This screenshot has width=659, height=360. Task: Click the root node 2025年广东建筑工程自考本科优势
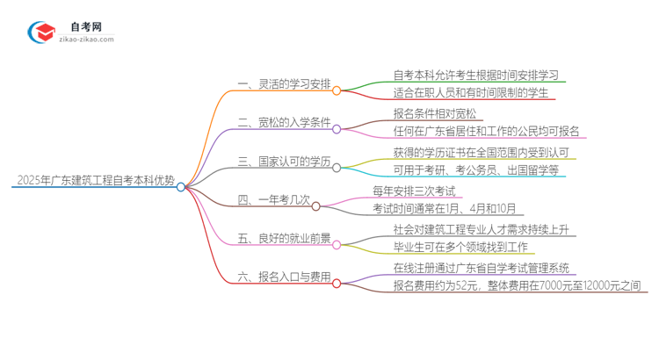(95, 185)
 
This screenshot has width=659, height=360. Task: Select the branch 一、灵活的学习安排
(284, 84)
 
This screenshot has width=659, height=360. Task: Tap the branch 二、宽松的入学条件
(284, 124)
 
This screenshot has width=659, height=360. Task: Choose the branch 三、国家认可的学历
(284, 162)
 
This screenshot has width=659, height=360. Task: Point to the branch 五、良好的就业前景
(284, 239)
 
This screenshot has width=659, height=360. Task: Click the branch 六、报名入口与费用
(284, 277)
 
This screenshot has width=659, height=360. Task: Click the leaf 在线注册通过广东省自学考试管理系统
(480, 268)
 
